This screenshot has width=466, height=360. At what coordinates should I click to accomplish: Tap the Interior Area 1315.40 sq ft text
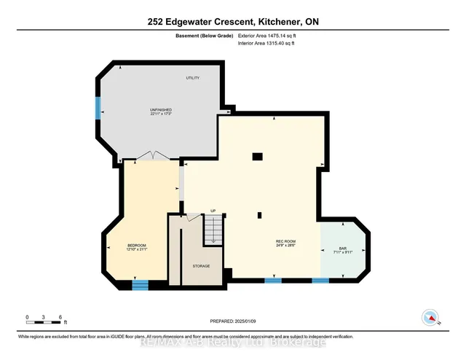coord(267,44)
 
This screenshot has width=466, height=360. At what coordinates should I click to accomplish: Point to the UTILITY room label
coord(192,78)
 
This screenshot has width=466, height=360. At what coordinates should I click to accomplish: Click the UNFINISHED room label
coord(160,110)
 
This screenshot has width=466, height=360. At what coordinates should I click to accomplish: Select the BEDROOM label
coord(137,245)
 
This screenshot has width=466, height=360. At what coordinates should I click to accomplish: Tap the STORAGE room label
coord(201,266)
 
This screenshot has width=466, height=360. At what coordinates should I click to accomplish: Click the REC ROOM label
coord(285,241)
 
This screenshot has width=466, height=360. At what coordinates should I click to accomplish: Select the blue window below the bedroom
coord(140,285)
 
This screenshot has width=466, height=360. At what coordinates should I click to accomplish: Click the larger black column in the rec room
coord(257,156)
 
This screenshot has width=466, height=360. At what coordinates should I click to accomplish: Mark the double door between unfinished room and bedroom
coord(153,155)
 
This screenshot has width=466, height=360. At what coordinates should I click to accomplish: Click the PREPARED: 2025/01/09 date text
coord(233,321)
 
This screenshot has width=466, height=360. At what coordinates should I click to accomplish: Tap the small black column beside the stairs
coord(259,214)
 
